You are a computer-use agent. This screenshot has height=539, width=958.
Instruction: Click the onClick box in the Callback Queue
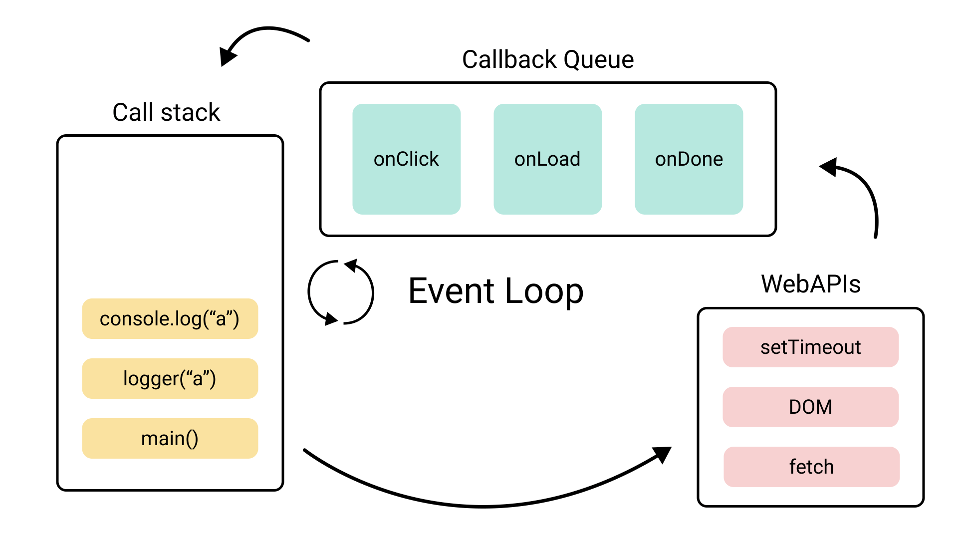coord(406,159)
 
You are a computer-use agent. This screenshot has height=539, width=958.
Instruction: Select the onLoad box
coord(547,159)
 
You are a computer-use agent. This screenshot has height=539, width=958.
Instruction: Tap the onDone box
coord(689,159)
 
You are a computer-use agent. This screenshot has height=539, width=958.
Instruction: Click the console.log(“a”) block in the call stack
coord(170,319)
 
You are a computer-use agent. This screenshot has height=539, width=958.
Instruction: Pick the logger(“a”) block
coord(170,379)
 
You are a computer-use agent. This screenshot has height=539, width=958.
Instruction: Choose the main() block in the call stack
coord(170,439)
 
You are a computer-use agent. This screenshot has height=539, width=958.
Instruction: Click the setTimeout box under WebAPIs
coord(810,347)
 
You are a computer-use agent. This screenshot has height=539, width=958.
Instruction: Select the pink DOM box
coord(810,407)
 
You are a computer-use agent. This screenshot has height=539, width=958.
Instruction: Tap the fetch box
coord(811,467)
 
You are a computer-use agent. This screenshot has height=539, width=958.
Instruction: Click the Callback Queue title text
coord(547,60)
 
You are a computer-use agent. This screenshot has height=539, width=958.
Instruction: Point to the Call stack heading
coord(166,112)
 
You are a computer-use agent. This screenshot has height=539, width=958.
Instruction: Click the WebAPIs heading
coord(810,284)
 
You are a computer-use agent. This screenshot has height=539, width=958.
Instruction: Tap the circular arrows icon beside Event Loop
coord(341,292)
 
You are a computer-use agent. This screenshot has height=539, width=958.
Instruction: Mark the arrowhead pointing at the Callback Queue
coord(829,167)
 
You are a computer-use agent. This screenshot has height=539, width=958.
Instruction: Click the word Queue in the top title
coord(599,60)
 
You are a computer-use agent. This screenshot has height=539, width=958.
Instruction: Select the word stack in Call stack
coord(190,112)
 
